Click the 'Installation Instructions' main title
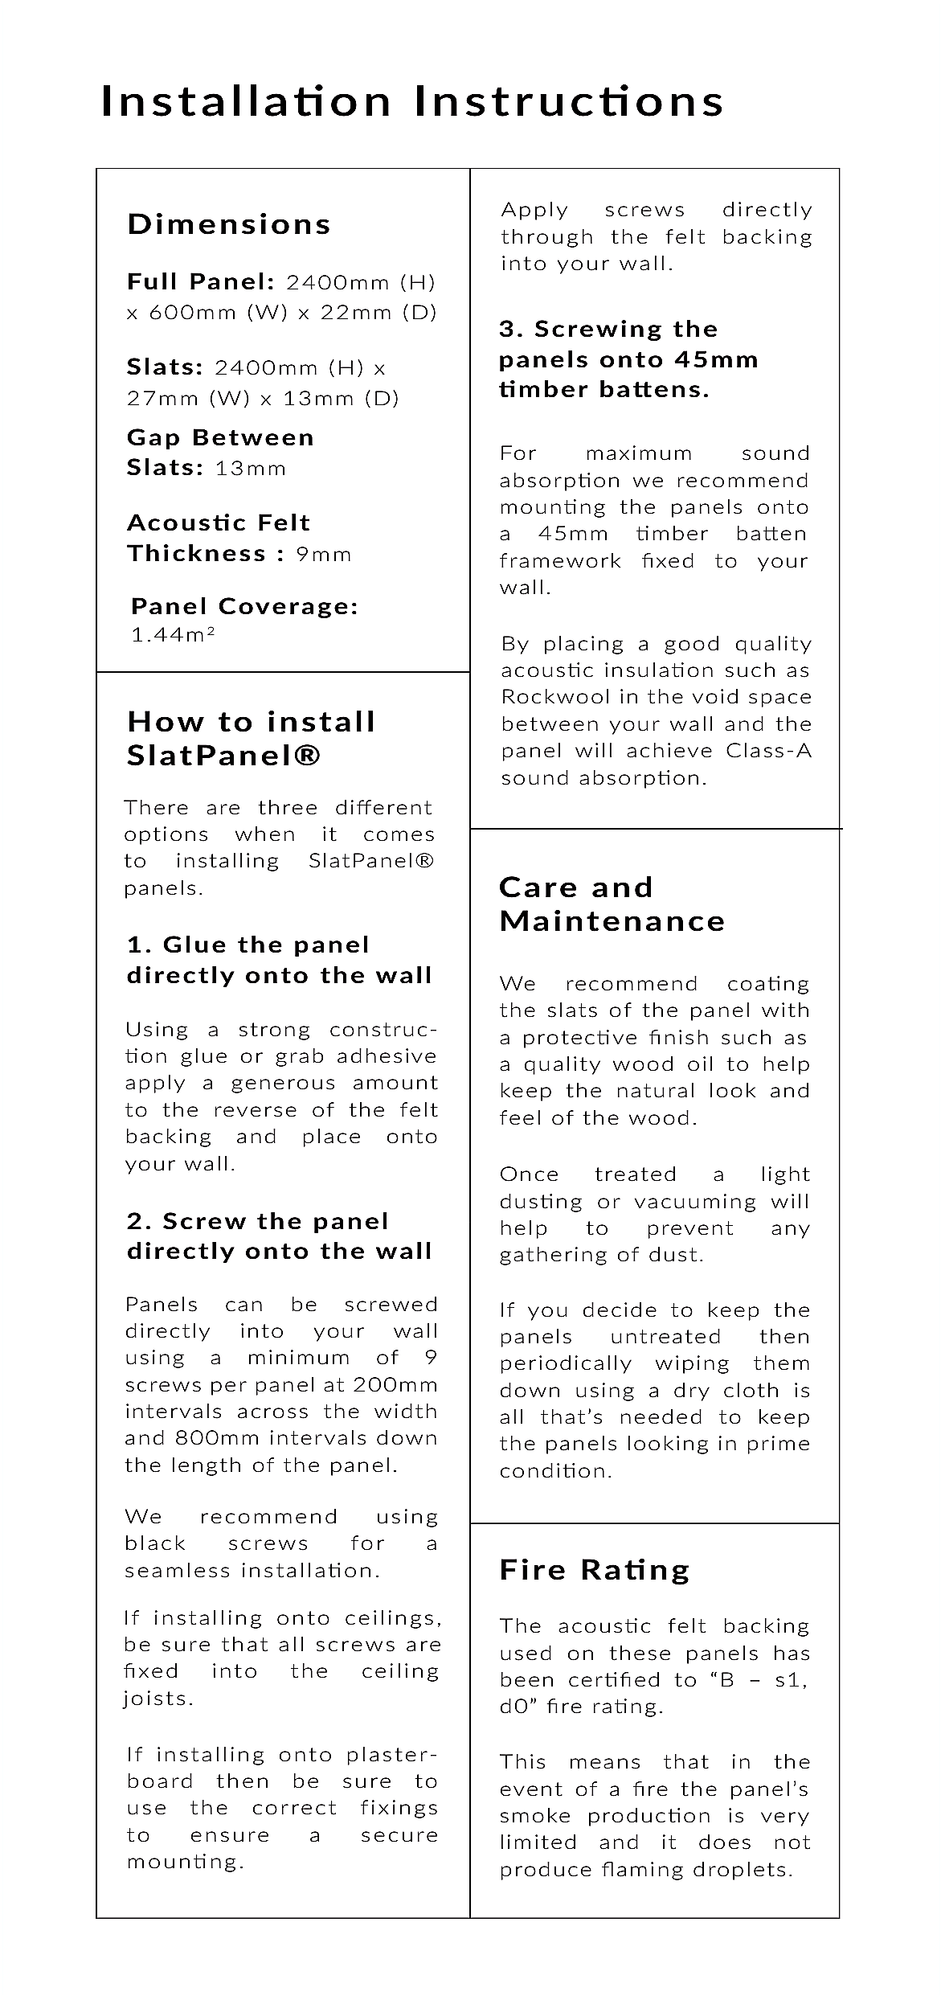[x=412, y=102]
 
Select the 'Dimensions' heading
[x=229, y=224]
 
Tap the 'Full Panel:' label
[x=201, y=282]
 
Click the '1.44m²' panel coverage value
[x=173, y=635]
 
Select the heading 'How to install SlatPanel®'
[x=251, y=739]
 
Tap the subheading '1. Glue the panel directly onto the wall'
[x=280, y=960]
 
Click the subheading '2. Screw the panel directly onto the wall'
[x=280, y=1236]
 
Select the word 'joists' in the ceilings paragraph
[x=157, y=1699]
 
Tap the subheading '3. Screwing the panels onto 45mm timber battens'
[x=628, y=359]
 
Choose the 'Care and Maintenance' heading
[x=612, y=904]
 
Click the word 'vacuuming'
[x=695, y=1202]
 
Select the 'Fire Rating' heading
[x=595, y=1570]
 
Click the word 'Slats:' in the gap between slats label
[x=165, y=468]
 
